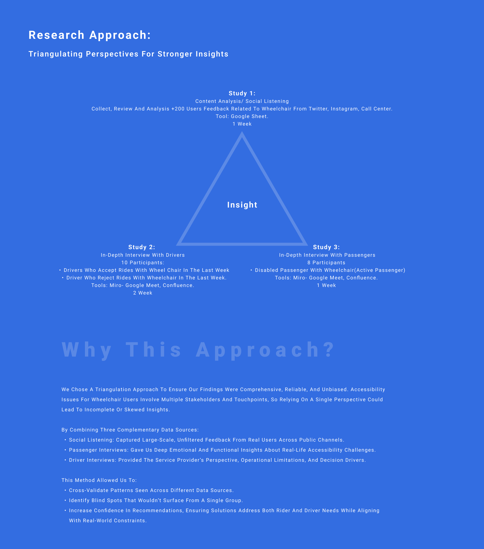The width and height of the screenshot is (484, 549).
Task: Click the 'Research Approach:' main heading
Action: [x=90, y=35]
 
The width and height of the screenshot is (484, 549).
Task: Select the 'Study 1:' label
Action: [x=242, y=94]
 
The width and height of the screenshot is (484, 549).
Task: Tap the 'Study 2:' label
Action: [x=141, y=247]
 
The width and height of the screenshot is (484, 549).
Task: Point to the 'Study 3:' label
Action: [x=326, y=247]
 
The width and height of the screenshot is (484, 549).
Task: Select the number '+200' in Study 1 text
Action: [x=178, y=109]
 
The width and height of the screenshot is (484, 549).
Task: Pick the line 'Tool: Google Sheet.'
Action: [x=242, y=116]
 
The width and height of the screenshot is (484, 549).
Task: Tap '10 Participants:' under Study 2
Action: [x=142, y=263]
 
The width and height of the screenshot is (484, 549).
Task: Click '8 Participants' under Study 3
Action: [x=326, y=263]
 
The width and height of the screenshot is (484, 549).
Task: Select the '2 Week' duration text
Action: [x=142, y=293]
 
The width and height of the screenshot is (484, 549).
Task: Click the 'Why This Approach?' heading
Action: [x=198, y=350]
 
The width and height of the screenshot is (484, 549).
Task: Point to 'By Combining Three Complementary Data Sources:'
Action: [x=130, y=430]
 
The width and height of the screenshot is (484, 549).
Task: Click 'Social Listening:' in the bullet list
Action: [x=92, y=440]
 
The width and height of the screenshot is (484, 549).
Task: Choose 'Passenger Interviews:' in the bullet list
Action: [x=99, y=450]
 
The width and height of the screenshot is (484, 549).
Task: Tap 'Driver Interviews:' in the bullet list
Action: [x=93, y=460]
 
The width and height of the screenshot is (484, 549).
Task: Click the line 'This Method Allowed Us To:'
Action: [x=99, y=480]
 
